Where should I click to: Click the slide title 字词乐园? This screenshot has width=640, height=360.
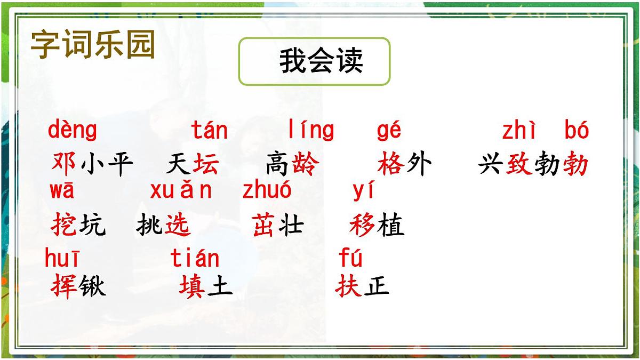coord(93,44)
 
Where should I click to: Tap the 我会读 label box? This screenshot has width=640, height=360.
coord(314,61)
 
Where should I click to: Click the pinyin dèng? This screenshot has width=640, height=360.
coord(73,131)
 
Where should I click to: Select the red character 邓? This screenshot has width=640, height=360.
coord(64,164)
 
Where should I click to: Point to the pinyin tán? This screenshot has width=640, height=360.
coord(210,131)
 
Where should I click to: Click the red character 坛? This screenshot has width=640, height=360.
coord(206,164)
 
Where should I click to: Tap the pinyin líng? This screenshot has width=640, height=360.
coord(311,131)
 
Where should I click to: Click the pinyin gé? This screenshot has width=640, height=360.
coord(389,131)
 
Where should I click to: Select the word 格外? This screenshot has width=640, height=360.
coord(404,164)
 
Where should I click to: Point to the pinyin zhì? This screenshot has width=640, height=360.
coord(518,131)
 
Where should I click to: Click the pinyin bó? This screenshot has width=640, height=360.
coord(577,131)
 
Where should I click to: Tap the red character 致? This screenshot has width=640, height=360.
coord(519,164)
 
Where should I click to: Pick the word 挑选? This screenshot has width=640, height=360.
coord(163,226)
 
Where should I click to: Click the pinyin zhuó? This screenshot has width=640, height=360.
coord(267,190)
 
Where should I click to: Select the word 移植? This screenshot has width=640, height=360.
coord(377,226)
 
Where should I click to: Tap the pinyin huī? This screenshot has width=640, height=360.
coord(62,259)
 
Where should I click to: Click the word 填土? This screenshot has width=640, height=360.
coord(206,286)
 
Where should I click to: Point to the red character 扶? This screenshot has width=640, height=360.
coord(349,286)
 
